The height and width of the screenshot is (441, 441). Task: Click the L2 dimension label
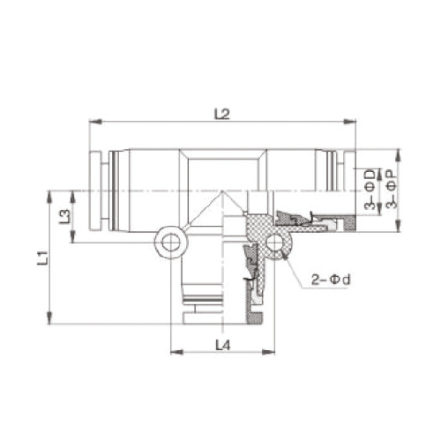tap(222, 114)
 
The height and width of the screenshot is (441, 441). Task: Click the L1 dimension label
tap(42, 258)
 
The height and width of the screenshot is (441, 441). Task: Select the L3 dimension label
tap(65, 217)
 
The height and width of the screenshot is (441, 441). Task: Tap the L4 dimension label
tap(223, 345)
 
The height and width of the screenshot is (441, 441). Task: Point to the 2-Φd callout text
tap(332, 280)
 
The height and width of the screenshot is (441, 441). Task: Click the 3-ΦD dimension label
tap(370, 189)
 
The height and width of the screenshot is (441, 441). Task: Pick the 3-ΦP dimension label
tap(392, 191)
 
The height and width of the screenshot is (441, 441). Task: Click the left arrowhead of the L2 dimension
tap(95, 122)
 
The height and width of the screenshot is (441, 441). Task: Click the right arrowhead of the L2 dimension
tap(349, 122)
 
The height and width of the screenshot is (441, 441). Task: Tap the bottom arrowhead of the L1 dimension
tap(49, 318)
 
